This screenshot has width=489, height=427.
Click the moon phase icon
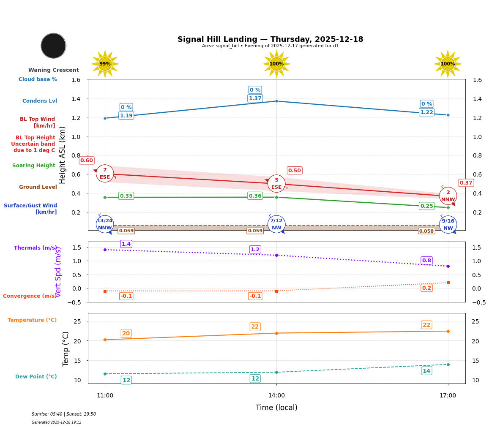click(53, 46)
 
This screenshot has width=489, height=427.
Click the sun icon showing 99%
click(105, 64)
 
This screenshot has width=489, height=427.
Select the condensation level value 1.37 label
click(255, 98)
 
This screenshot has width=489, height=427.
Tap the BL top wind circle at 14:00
click(276, 184)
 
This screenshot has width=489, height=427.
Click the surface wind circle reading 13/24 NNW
click(105, 224)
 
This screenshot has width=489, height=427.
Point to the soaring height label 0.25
click(426, 206)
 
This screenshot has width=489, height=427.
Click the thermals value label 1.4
click(126, 244)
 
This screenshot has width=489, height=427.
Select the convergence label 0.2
click(426, 288)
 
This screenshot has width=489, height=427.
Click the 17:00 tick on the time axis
click(448, 396)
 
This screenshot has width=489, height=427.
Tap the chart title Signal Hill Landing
click(270, 39)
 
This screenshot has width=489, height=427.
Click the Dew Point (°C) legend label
click(36, 377)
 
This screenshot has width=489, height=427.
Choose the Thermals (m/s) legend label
click(35, 248)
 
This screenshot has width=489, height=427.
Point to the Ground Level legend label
click(38, 187)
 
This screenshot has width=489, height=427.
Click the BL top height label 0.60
click(86, 160)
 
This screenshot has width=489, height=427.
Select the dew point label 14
click(426, 371)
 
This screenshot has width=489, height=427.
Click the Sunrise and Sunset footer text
click(63, 414)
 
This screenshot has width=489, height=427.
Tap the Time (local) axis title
click(276, 408)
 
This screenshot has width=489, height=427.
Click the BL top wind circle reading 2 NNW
click(448, 196)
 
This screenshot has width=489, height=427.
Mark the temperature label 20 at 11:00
click(126, 334)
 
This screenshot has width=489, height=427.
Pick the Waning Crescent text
click(53, 70)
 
